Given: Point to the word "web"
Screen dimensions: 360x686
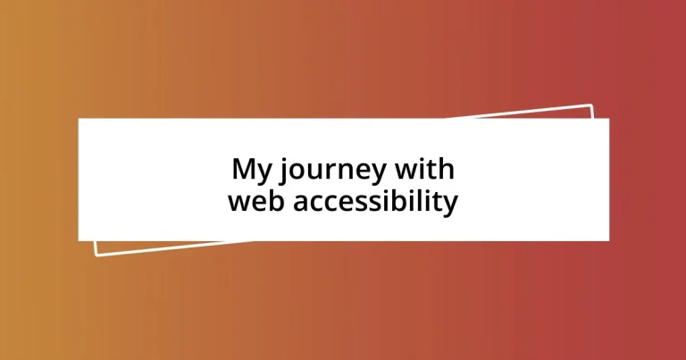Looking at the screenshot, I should point(255,201).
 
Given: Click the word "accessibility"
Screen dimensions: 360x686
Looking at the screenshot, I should point(374,203).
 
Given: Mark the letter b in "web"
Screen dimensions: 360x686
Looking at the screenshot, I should point(274,201).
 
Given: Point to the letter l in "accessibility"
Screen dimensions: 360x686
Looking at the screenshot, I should point(426,201).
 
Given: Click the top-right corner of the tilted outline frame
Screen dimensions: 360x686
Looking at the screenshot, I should point(591,105).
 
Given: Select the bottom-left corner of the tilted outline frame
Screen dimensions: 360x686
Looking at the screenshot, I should point(96,255).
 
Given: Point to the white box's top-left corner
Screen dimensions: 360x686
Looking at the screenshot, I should point(79,119).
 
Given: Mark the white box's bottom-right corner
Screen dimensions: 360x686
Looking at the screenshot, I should point(608,240).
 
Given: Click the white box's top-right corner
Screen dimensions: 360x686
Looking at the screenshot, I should point(608,119).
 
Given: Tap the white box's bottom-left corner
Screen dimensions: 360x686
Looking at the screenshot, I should point(79,240).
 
